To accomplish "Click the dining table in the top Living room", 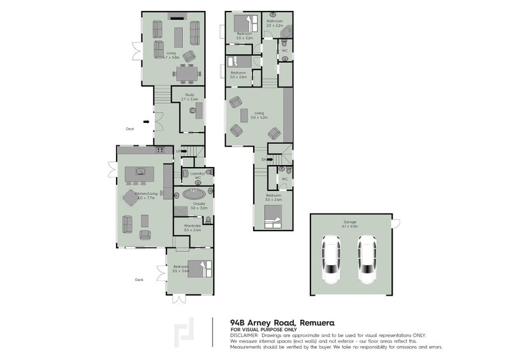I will pos(187,75).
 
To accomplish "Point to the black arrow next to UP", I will pos(184,152).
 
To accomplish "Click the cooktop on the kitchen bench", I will pos(160,150).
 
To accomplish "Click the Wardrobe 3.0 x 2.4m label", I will pos(191,227).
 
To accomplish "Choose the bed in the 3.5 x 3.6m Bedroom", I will pos(203,268).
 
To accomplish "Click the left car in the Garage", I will pos(331,259).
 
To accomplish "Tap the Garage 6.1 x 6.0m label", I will pos(349,224).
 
